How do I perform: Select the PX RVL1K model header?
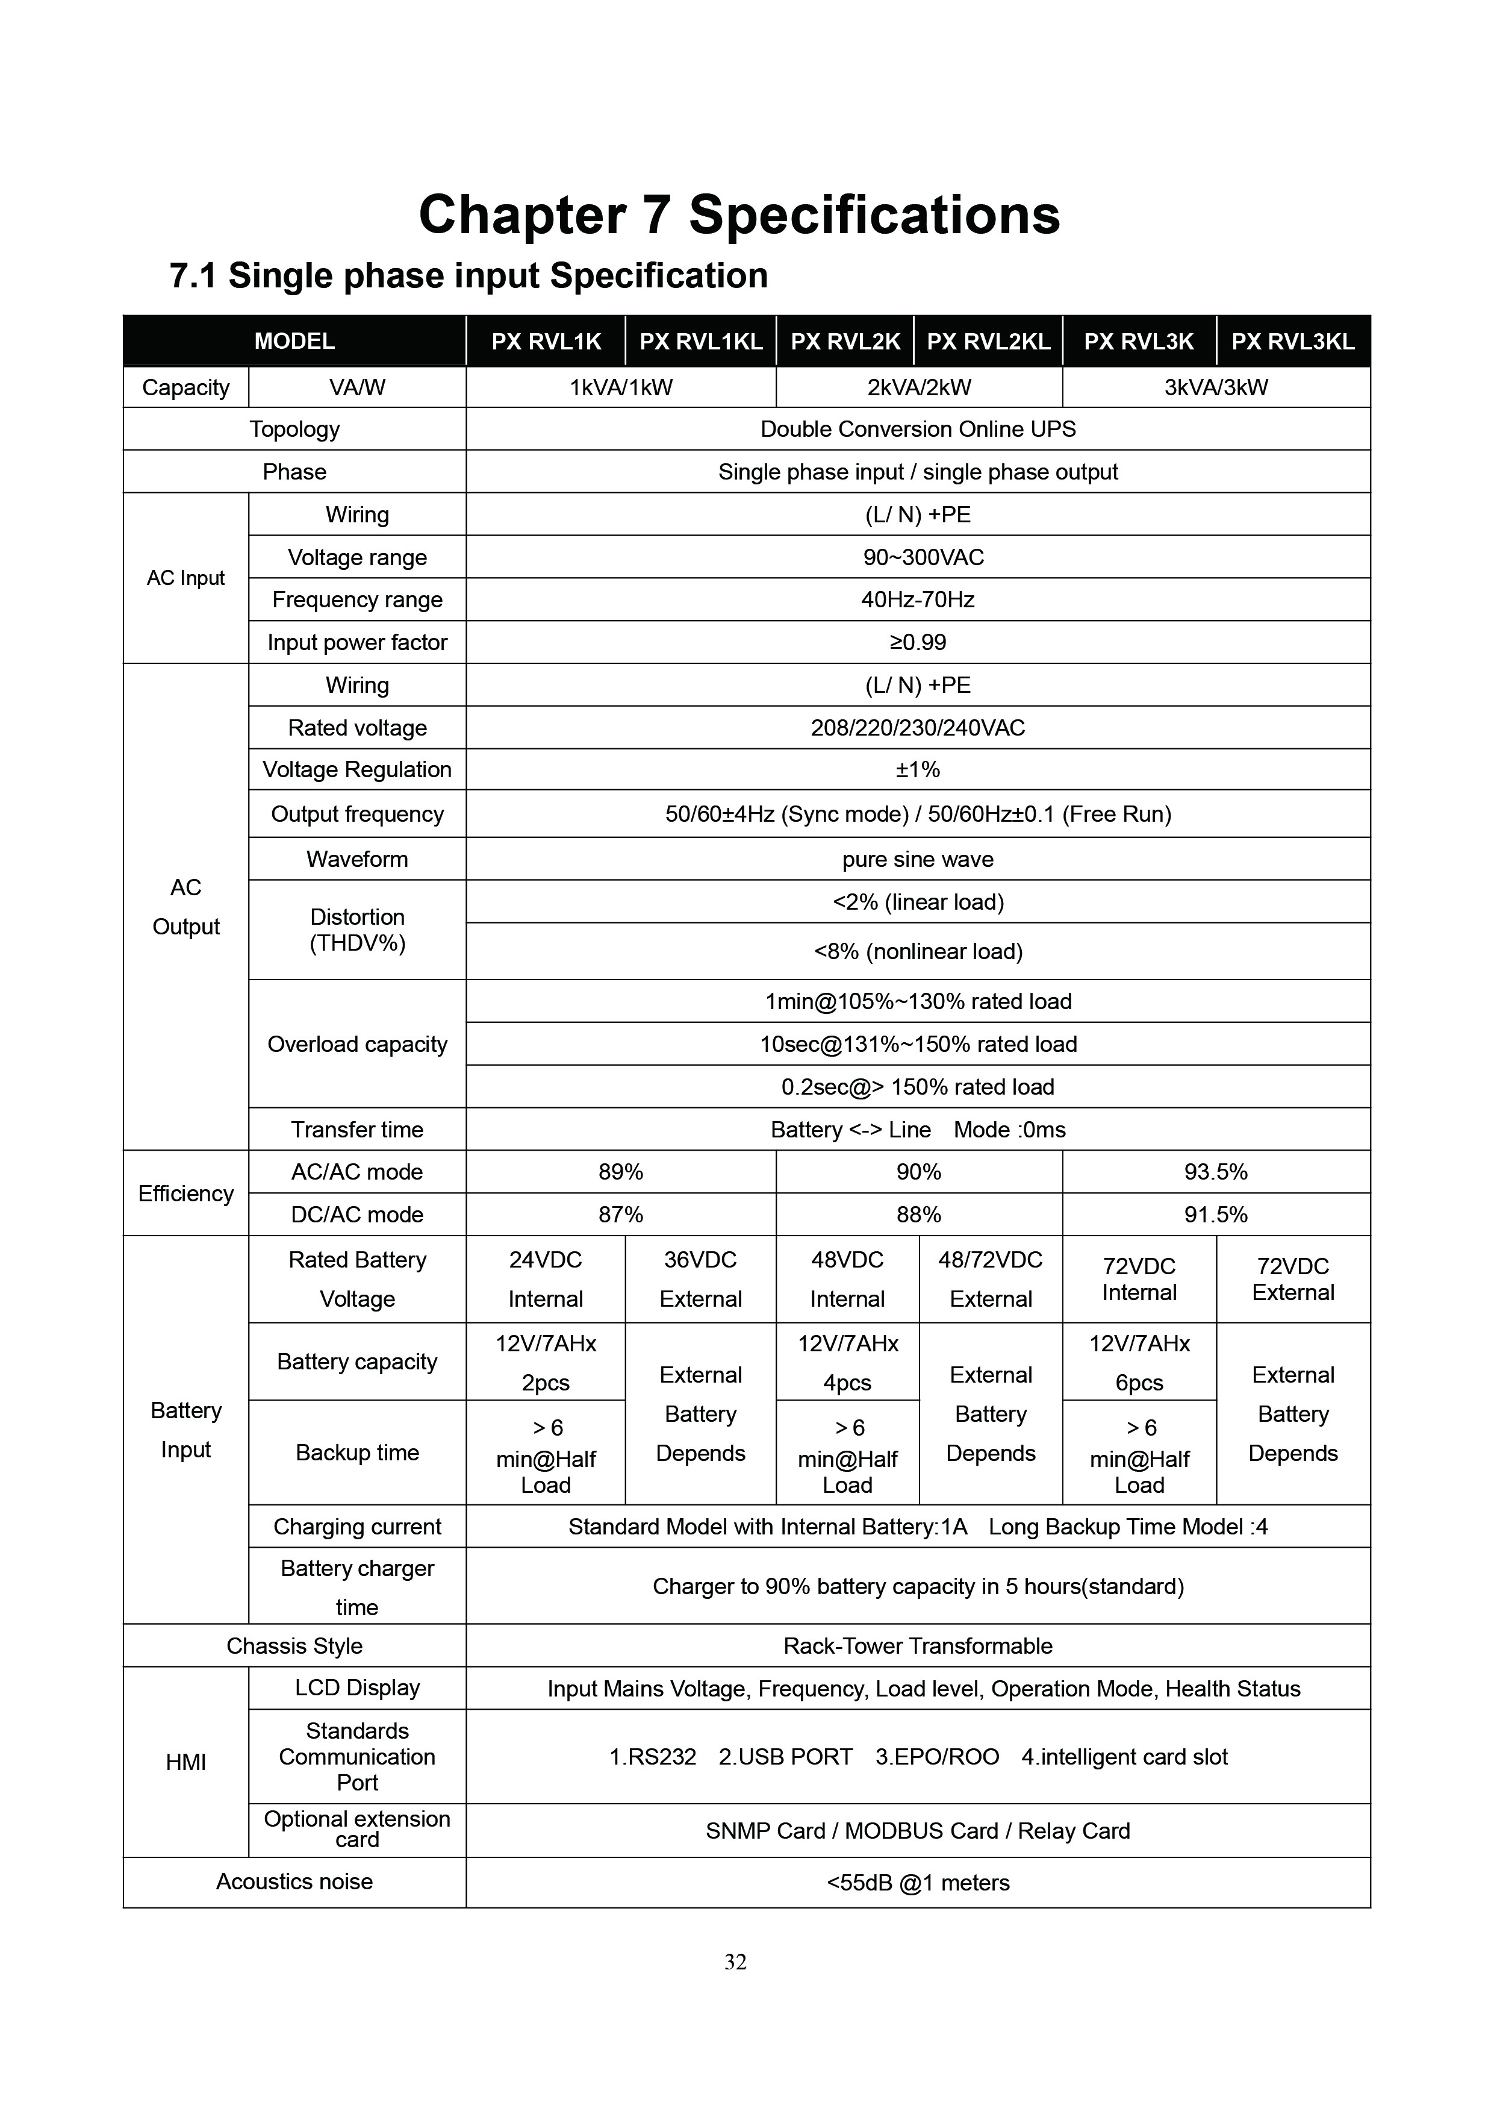coord(546,342)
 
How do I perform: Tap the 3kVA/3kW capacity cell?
coord(1215,387)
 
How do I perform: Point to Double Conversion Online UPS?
coord(918,429)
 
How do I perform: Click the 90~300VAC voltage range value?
coord(918,557)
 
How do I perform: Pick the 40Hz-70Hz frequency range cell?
coord(918,599)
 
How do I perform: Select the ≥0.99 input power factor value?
coord(918,642)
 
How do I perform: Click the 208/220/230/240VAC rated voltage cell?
coord(918,727)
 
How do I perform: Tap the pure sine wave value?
coord(918,859)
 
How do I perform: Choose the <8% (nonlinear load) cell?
coord(918,951)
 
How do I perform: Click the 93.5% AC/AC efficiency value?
coord(1215,1172)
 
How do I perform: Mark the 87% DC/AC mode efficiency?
coord(620,1215)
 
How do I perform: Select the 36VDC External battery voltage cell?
coord(700,1279)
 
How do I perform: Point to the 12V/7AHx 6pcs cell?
coord(1139,1363)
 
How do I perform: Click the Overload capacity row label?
coord(357,1044)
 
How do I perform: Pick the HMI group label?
coord(186,1762)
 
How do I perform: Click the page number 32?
coord(735,1962)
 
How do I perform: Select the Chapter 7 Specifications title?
coord(739,214)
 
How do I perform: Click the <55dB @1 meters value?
coord(918,1883)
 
